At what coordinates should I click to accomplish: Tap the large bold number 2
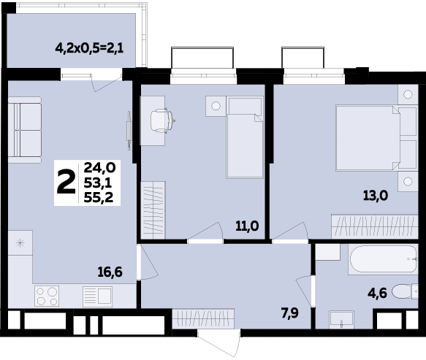click(66, 182)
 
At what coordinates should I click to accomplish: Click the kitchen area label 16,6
click(110, 272)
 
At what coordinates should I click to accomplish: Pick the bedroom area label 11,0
click(246, 226)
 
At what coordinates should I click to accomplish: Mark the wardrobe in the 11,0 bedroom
click(154, 212)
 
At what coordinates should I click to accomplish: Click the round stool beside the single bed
click(216, 105)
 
